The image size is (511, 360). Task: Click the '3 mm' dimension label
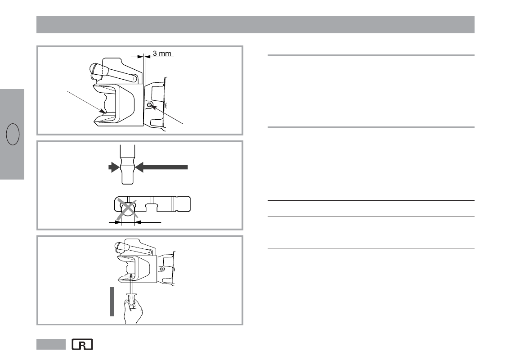(x=162, y=53)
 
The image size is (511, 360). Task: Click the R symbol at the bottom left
(x=82, y=344)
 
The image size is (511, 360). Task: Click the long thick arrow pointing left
(x=161, y=167)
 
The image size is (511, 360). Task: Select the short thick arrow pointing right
(x=114, y=167)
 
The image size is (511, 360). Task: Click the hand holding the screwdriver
(x=133, y=311)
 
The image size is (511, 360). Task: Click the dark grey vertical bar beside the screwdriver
(x=112, y=301)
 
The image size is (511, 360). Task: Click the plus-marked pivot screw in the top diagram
(x=134, y=79)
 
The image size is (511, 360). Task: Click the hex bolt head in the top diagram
(x=150, y=105)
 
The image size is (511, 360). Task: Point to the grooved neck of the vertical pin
(x=127, y=167)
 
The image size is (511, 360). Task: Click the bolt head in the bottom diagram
(x=161, y=269)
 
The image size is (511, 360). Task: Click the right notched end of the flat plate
(x=183, y=204)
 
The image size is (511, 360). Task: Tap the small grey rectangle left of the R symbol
(x=51, y=344)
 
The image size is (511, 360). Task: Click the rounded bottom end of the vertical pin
(x=127, y=181)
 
